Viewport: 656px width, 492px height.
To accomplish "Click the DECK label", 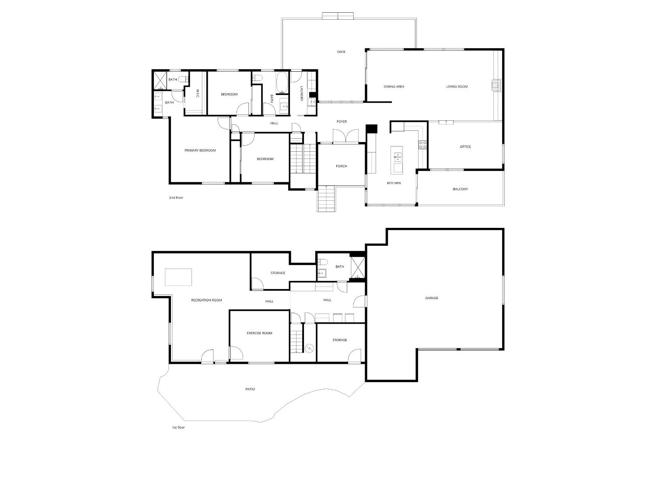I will (341, 52).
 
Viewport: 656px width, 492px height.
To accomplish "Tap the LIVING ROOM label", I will (457, 87).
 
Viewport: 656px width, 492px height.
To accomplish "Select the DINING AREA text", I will (394, 87).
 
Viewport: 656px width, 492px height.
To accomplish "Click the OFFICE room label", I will (465, 147).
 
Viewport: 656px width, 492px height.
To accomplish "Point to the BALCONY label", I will (460, 189).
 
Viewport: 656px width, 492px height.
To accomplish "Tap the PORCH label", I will (341, 166).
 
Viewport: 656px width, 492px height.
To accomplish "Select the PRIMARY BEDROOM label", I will (200, 150).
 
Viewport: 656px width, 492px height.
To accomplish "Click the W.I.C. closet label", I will (198, 94).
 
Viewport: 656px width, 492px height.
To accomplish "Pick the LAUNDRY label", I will (302, 93).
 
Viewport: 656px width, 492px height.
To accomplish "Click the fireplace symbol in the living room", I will (495, 85).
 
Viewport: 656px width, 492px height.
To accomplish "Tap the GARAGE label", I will (432, 298).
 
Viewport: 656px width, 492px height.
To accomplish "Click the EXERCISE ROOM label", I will (259, 333).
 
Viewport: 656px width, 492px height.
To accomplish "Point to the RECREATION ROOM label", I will (206, 300).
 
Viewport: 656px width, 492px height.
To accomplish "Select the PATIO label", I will (250, 389).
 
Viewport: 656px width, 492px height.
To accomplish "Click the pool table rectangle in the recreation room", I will (178, 277).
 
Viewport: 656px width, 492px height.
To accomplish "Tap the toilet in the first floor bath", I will (322, 262).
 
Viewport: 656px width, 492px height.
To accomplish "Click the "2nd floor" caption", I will (176, 198).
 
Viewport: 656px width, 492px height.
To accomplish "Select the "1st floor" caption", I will (178, 427).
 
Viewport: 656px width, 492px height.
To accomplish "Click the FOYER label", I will (342, 121).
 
